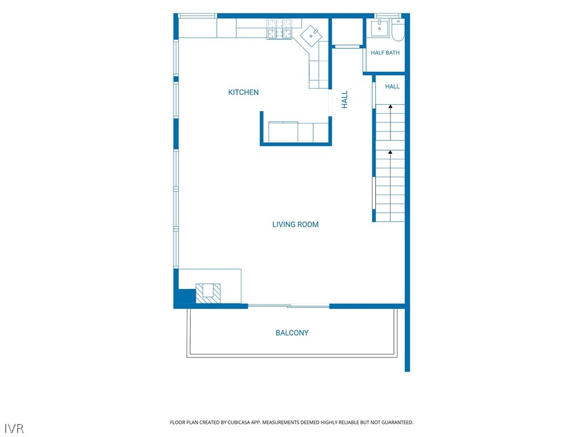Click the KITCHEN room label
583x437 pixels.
(x=243, y=92)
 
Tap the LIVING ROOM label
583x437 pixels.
(x=295, y=224)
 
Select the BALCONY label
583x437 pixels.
(x=292, y=333)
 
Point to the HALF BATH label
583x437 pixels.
(x=385, y=53)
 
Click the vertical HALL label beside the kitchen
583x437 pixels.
(x=344, y=100)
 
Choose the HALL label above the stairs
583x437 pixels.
(x=392, y=86)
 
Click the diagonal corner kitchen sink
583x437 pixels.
(x=311, y=35)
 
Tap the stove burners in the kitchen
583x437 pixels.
(x=279, y=29)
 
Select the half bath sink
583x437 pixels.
(x=379, y=28)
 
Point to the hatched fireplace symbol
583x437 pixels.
(x=208, y=293)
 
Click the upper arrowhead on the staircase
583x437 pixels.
(x=391, y=106)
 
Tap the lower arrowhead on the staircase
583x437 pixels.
(x=390, y=152)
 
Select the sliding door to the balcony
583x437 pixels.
(x=289, y=306)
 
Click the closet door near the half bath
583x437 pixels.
(x=347, y=47)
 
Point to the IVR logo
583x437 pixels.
(x=14, y=428)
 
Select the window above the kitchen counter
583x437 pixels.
(x=198, y=15)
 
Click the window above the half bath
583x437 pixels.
(x=387, y=15)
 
